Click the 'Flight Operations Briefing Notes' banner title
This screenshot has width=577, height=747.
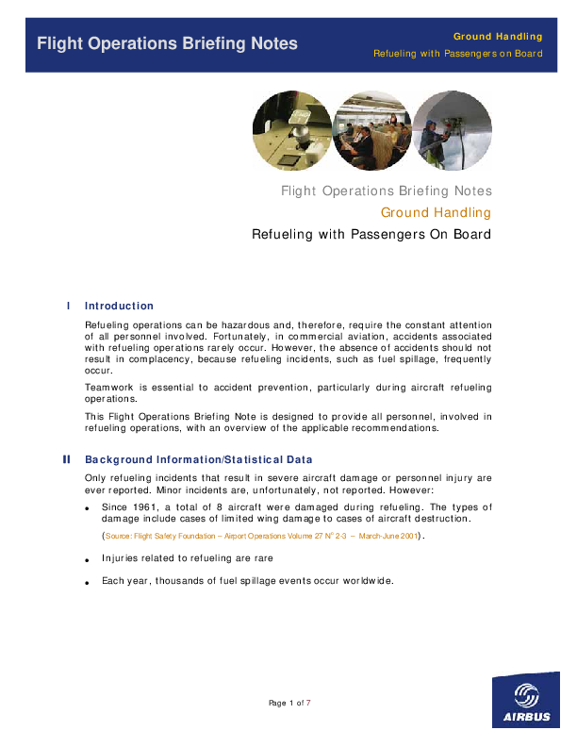(167, 43)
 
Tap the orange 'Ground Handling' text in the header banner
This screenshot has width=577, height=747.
(499, 35)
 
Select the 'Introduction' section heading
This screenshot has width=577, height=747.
(119, 306)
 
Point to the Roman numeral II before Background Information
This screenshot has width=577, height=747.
(66, 459)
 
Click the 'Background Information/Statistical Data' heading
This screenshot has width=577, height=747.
(198, 459)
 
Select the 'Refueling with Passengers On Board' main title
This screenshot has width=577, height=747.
(371, 234)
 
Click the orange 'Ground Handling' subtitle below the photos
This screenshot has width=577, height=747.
(436, 212)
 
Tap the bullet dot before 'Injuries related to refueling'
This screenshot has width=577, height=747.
(88, 559)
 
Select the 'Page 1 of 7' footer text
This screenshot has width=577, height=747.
(289, 703)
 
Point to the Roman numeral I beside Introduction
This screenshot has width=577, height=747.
(69, 306)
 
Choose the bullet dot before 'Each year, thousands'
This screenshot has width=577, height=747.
(88, 582)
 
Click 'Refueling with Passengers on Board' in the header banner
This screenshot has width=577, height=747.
(458, 53)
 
